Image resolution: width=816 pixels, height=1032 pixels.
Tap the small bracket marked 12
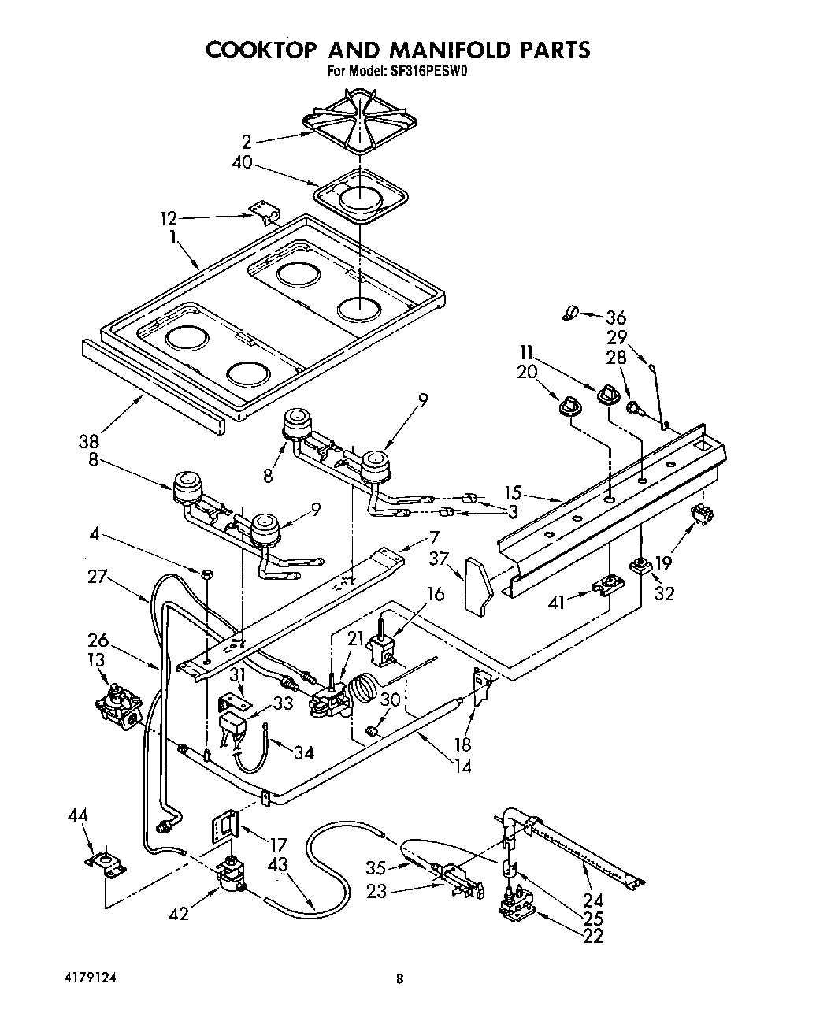click(x=266, y=213)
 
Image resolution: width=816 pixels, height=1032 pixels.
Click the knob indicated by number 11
click(x=608, y=394)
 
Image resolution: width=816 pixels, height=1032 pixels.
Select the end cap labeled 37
click(x=478, y=585)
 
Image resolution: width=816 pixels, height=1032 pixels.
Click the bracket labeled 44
click(x=106, y=864)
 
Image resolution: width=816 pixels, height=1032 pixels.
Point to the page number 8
click(x=400, y=980)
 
